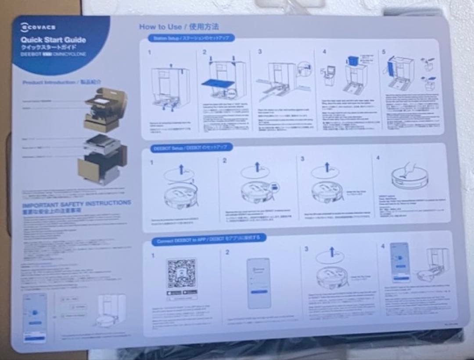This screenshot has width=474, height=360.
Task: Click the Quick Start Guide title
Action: (x=53, y=40)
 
